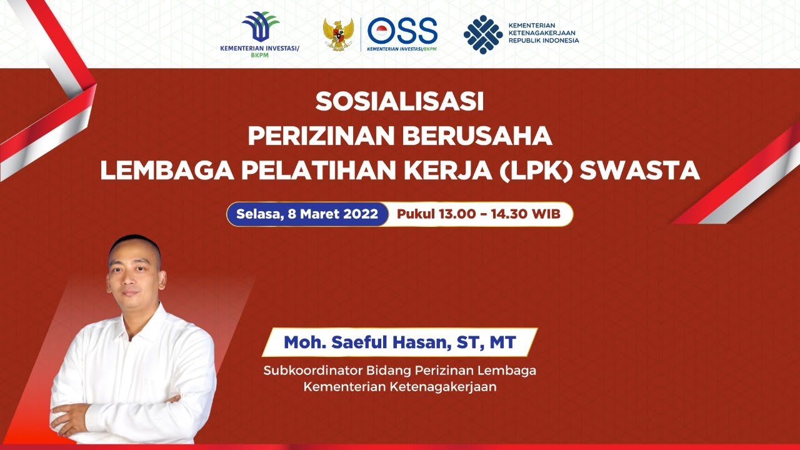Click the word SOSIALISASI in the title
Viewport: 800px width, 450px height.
click(x=399, y=102)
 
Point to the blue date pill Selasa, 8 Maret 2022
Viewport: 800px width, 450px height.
click(x=307, y=214)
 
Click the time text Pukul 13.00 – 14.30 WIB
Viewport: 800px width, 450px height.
click(x=478, y=214)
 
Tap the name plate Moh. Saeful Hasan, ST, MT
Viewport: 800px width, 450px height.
click(x=400, y=342)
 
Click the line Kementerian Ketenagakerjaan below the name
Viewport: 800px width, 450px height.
click(x=400, y=387)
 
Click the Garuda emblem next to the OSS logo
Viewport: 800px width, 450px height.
click(x=338, y=34)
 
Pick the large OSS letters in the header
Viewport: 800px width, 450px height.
click(x=402, y=30)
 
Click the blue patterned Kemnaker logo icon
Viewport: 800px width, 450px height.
click(x=482, y=34)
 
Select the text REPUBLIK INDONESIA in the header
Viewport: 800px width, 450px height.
click(x=543, y=41)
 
